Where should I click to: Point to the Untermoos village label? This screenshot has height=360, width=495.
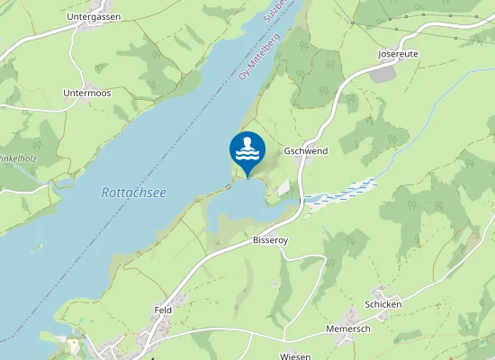click(x=88, y=93)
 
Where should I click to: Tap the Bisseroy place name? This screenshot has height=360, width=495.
click(x=270, y=241)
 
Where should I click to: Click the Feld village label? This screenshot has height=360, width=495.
click(x=163, y=310)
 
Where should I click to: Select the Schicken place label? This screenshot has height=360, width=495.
click(x=382, y=304)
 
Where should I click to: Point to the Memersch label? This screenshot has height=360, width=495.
click(x=349, y=328)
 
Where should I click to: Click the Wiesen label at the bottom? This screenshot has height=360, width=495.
click(x=295, y=355)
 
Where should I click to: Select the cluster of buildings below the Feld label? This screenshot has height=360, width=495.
click(x=167, y=329)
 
